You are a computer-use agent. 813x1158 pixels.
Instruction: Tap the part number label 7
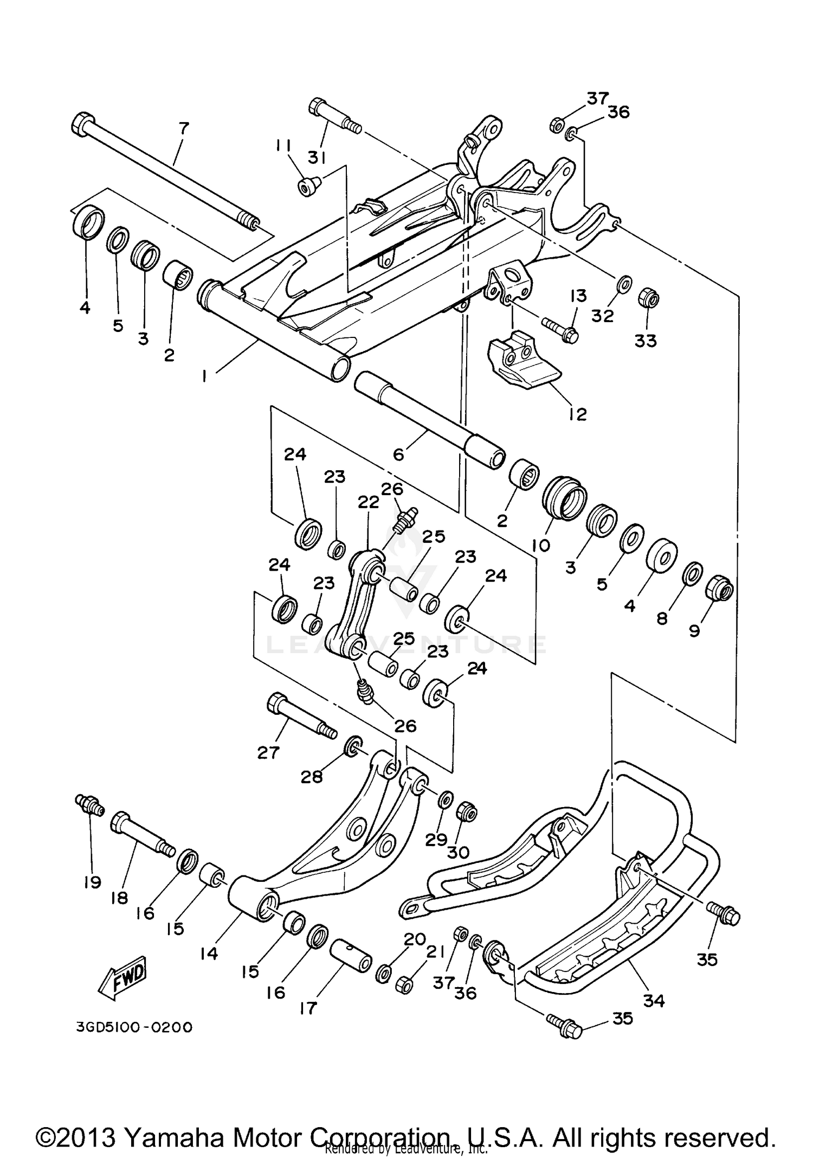click(x=184, y=129)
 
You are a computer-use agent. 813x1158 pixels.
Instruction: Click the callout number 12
click(x=578, y=414)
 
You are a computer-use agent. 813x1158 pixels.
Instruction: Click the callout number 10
click(x=541, y=544)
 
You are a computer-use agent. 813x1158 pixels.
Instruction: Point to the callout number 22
click(x=368, y=502)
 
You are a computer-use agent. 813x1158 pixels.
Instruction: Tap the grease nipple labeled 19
click(x=89, y=803)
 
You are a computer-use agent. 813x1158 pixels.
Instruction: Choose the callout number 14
click(x=209, y=952)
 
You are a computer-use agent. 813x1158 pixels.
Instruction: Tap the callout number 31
click(x=317, y=157)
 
